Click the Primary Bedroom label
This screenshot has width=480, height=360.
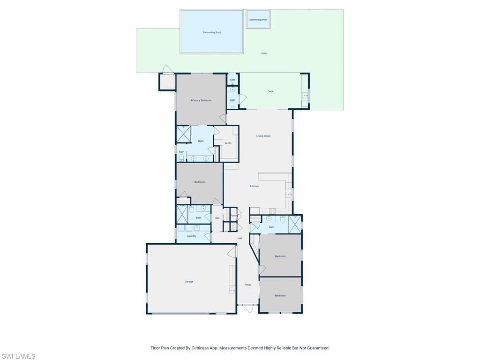[201, 100]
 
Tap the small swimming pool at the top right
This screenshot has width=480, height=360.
[258, 19]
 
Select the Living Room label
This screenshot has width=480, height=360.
[263, 136]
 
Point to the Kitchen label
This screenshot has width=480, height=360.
[254, 186]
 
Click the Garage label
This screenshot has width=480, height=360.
[189, 282]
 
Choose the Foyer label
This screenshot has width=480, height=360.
[247, 285]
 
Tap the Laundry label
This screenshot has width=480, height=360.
[191, 236]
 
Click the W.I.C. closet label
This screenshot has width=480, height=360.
[228, 143]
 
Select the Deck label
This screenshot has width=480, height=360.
[270, 91]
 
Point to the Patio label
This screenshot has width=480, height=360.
[264, 53]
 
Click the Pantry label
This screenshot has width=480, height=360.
[233, 216]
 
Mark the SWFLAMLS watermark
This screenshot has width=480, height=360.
[19, 356]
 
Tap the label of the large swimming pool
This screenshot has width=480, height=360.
[212, 32]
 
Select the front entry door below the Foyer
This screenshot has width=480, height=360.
[247, 308]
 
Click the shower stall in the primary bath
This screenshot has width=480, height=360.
[183, 134]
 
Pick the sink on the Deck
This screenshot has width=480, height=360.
[305, 96]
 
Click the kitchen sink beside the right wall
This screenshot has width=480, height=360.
[289, 194]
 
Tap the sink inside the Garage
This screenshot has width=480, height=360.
[232, 291]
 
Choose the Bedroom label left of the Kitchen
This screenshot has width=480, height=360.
[200, 182]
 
